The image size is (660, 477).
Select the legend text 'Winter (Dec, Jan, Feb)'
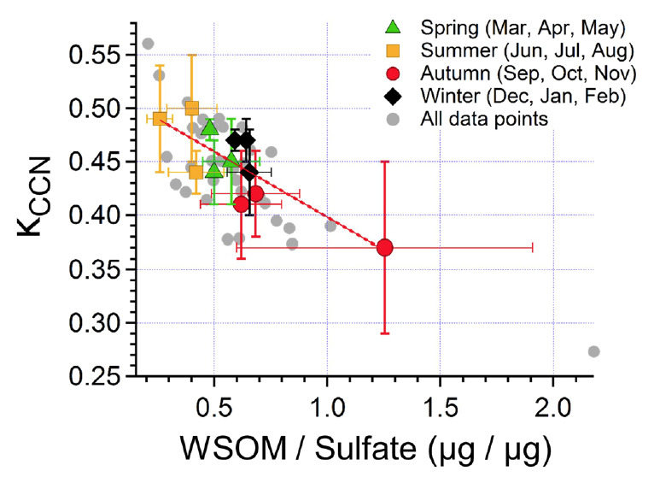[522, 95]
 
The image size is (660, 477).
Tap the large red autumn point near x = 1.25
[384, 247]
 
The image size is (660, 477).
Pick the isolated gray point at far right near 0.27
[593, 351]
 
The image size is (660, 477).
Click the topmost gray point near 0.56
[148, 44]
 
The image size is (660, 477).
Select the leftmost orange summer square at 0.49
[160, 119]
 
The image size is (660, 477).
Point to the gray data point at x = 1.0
[330, 226]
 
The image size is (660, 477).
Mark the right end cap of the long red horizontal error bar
[533, 247]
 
